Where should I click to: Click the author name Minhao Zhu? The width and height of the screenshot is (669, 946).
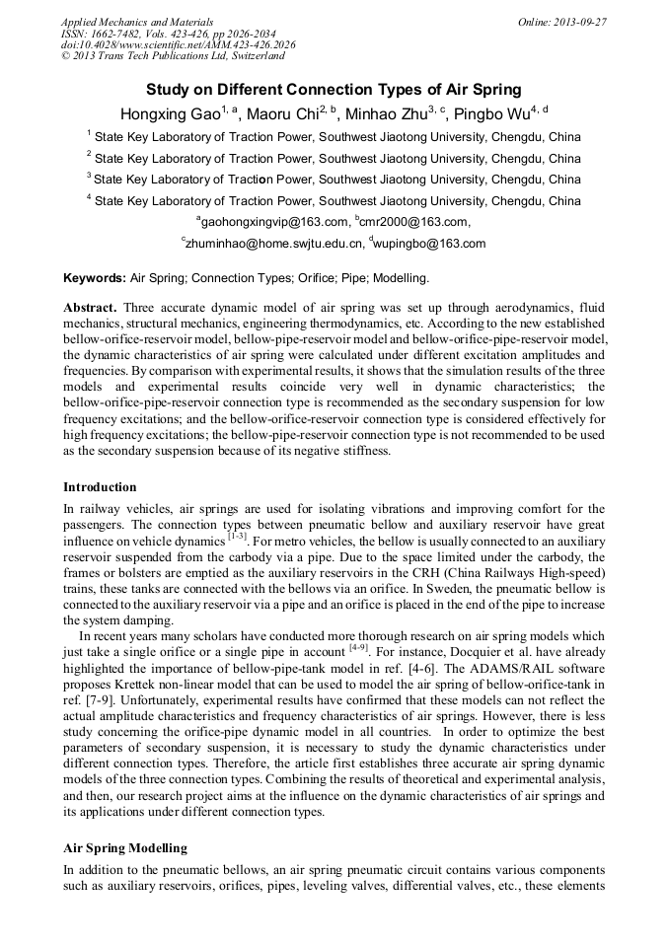click(x=398, y=112)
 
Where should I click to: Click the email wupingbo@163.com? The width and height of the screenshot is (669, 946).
click(x=429, y=244)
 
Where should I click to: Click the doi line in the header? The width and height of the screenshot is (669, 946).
click(x=178, y=45)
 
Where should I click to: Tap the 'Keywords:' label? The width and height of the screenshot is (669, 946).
click(x=95, y=278)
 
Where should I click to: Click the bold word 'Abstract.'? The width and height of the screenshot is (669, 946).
click(x=91, y=308)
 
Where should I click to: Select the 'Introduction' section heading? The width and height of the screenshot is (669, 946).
click(x=100, y=487)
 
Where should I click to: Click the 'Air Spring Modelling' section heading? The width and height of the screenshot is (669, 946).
click(x=125, y=847)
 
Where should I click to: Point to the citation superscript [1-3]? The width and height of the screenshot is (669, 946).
click(x=237, y=538)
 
